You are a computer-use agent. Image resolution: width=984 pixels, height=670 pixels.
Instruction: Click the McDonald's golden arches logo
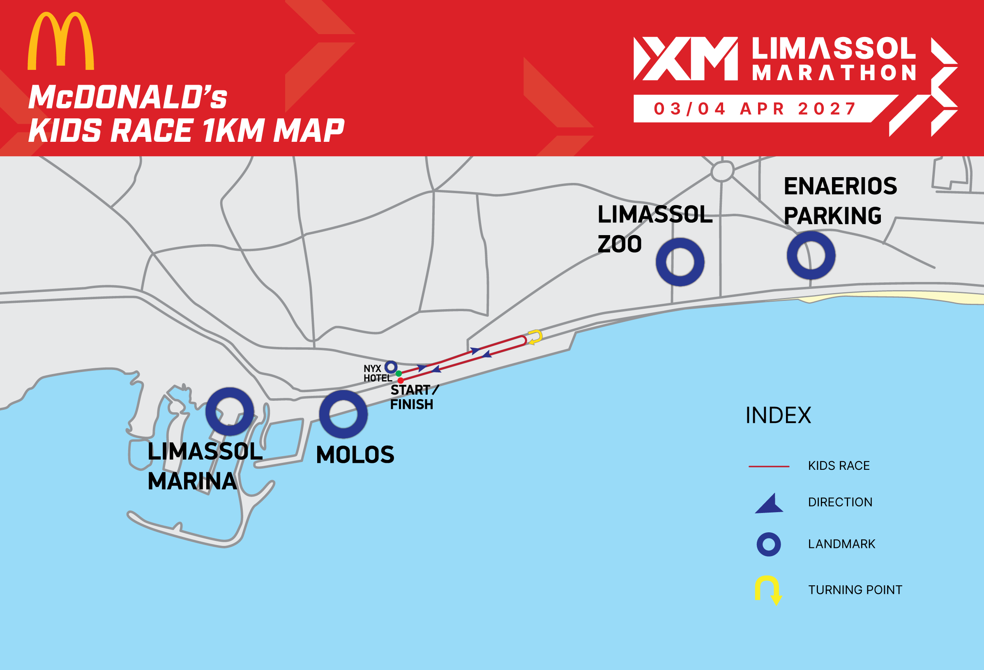[60, 41]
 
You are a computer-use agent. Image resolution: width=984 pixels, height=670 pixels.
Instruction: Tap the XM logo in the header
[685, 58]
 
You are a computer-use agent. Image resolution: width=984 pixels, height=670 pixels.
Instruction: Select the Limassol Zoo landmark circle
[680, 262]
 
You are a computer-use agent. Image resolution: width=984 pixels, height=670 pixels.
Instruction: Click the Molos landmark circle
[343, 414]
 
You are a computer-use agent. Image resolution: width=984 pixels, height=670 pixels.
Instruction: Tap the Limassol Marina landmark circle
[230, 411]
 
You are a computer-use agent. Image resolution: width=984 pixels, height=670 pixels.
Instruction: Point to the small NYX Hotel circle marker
[391, 367]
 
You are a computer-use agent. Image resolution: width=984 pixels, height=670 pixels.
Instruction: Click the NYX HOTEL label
[377, 374]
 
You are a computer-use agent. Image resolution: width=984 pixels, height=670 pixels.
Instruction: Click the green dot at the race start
[399, 374]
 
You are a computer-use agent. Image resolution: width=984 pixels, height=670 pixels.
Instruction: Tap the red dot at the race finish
[401, 381]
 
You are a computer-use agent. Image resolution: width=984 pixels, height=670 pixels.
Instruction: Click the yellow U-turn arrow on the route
[536, 337]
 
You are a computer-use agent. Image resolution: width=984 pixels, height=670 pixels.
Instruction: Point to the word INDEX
[778, 416]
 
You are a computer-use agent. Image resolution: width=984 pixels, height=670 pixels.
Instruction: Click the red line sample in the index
[769, 466]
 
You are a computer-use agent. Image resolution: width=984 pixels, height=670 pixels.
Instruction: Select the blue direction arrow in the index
[770, 504]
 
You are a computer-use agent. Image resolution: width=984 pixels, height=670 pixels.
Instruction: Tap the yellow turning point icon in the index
[768, 590]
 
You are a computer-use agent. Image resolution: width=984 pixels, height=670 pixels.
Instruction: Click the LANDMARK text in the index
[841, 544]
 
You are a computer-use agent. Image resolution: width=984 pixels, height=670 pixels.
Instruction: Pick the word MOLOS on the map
[355, 455]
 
